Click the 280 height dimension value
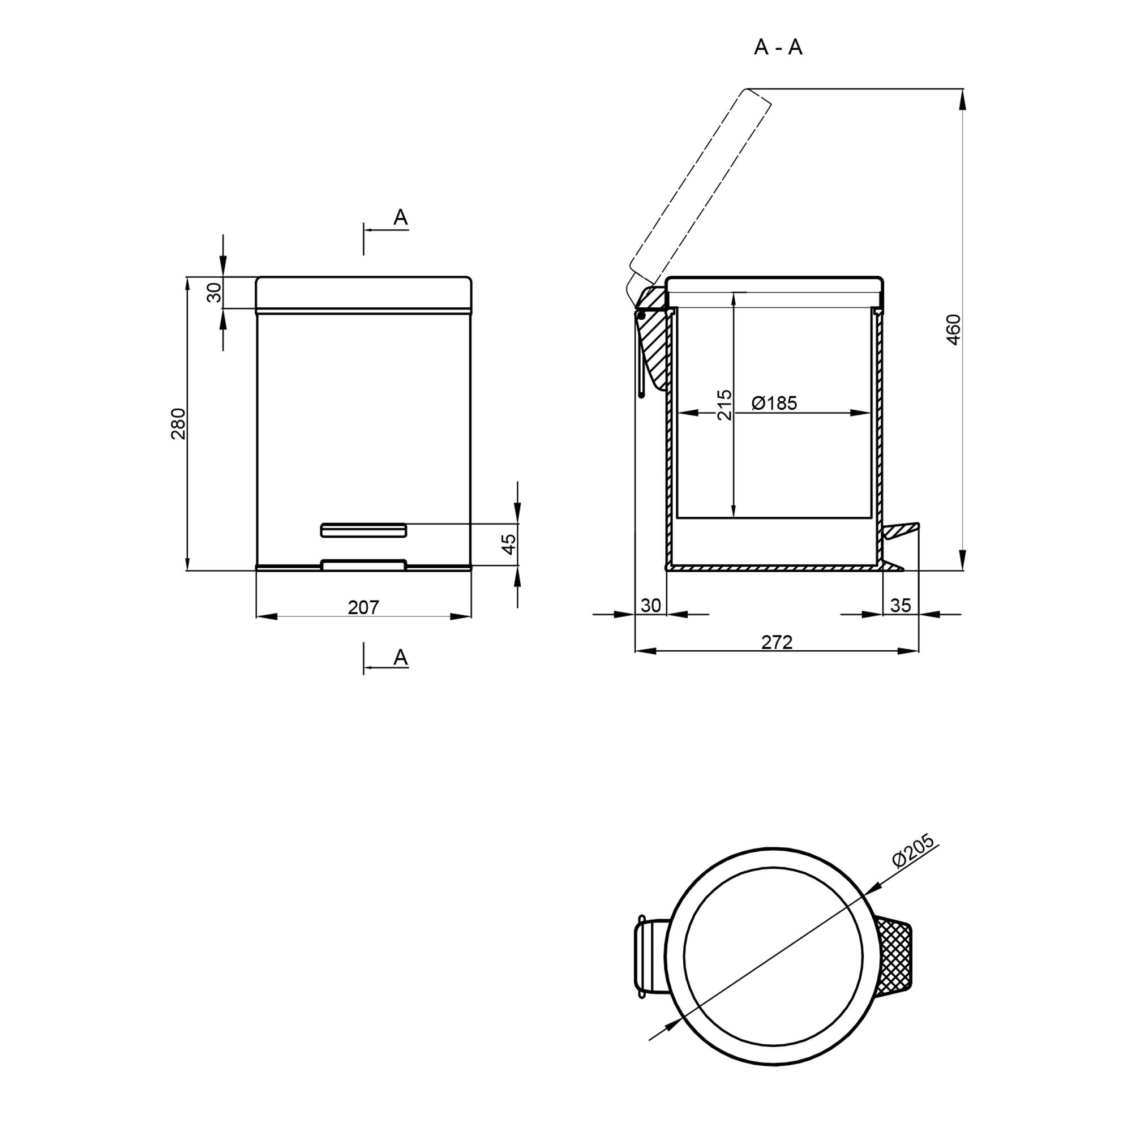tap(178, 423)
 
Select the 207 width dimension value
tap(363, 607)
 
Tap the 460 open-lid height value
tap(954, 329)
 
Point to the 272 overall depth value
tap(777, 643)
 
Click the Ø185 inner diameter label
tap(774, 403)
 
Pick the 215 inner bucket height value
tap(725, 404)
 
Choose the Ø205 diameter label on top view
tap(913, 851)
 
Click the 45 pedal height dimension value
tap(509, 544)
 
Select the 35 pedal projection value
tap(901, 605)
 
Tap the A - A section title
tap(778, 48)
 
